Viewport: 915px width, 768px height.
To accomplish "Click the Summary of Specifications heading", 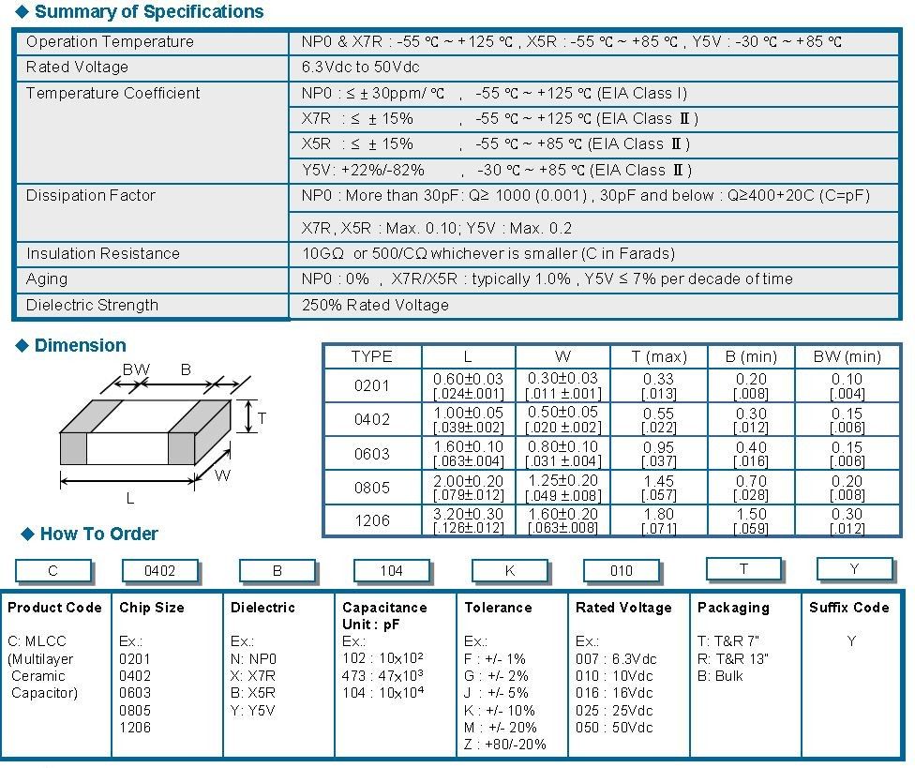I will [x=148, y=12].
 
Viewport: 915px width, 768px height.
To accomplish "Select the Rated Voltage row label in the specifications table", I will [x=77, y=68].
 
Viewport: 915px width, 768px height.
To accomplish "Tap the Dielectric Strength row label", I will [x=92, y=306].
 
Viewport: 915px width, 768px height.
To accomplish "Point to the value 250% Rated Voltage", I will [x=375, y=306].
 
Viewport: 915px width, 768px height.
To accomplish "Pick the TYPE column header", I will [x=372, y=357].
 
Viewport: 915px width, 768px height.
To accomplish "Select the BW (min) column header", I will [x=847, y=357].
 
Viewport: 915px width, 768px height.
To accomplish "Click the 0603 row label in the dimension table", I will [x=372, y=453].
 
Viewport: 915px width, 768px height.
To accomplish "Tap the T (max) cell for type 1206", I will [x=658, y=520].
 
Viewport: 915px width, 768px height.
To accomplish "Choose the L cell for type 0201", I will [x=468, y=385].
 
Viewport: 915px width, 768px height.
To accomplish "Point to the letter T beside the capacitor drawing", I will [x=262, y=418].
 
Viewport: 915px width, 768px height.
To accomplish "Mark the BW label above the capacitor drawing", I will [x=136, y=369].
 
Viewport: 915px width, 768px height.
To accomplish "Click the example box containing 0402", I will [x=160, y=571].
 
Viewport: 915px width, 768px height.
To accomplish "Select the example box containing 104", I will [x=391, y=571].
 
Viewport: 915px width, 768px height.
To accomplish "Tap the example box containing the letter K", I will [x=509, y=571].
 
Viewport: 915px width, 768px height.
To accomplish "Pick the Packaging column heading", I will [x=733, y=608].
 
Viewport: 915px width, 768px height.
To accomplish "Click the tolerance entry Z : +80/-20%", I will [x=505, y=745].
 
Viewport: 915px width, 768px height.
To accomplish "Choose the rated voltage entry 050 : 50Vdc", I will [x=614, y=728].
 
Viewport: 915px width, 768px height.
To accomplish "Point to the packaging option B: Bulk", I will [x=720, y=676].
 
